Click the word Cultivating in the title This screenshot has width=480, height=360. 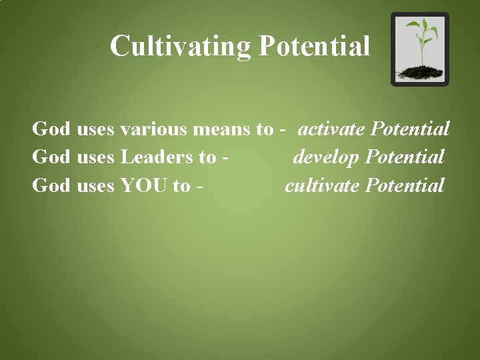[x=180, y=47]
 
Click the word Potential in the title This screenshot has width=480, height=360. [x=314, y=47]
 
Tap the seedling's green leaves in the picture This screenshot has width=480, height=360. [x=420, y=30]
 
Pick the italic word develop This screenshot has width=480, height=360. [x=327, y=157]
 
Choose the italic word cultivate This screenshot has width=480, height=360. [x=323, y=185]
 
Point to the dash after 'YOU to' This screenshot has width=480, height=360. [x=200, y=186]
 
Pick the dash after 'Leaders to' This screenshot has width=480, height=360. [x=227, y=158]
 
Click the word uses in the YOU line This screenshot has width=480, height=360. [x=95, y=185]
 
